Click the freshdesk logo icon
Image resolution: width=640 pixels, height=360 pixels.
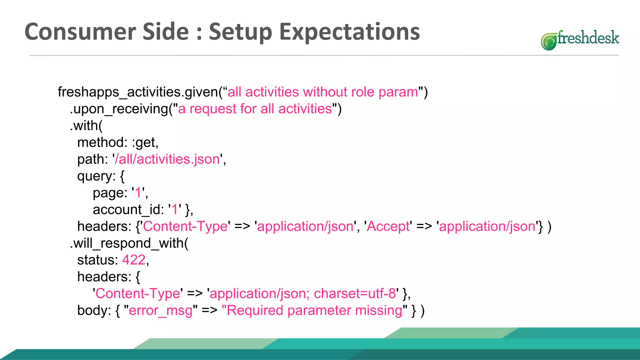coord(548,42)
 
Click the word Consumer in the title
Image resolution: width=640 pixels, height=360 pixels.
coord(81,32)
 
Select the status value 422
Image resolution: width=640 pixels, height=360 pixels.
coord(134,260)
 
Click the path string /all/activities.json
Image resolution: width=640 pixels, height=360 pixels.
coord(167,159)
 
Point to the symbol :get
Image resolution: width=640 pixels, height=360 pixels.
coord(144,143)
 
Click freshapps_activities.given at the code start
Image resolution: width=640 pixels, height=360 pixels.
coord(138,92)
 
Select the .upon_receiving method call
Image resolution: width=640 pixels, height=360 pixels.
coord(119,109)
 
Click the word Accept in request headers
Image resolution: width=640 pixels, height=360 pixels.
coord(388,227)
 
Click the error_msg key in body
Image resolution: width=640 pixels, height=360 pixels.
coord(161,311)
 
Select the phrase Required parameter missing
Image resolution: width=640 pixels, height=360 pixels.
coord(314,311)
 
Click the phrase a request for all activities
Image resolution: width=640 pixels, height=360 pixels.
coord(255,109)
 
